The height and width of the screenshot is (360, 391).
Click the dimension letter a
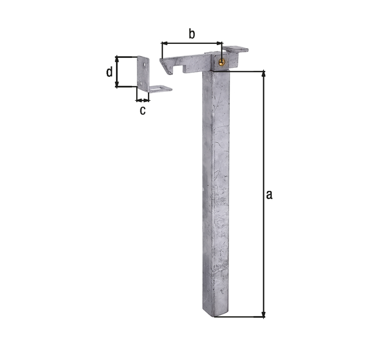(x=269, y=195)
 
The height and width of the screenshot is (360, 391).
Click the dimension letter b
(x=191, y=34)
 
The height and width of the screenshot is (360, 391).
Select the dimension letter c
(x=142, y=110)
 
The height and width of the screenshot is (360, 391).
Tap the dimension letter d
(x=109, y=72)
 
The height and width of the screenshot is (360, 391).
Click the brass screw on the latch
(x=221, y=60)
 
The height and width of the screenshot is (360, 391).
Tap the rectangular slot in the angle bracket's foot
(x=160, y=89)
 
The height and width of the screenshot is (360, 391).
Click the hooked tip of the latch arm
(x=164, y=67)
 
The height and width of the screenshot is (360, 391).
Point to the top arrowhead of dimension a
(x=264, y=75)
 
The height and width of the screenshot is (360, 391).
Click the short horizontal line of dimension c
(x=142, y=99)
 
